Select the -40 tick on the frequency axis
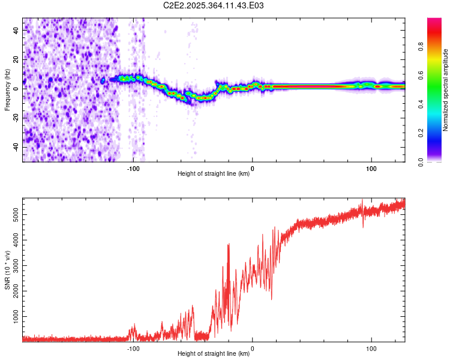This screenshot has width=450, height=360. (x=15, y=147)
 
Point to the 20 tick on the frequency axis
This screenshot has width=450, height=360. (x=16, y=59)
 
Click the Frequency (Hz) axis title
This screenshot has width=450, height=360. (x=7, y=89)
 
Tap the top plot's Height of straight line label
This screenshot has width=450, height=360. (x=214, y=174)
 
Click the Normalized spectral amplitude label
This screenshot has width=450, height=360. (x=446, y=90)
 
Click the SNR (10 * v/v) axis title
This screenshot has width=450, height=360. (x=7, y=270)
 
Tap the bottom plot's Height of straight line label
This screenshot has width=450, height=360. (x=214, y=354)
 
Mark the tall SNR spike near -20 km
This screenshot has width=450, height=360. (x=229, y=244)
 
